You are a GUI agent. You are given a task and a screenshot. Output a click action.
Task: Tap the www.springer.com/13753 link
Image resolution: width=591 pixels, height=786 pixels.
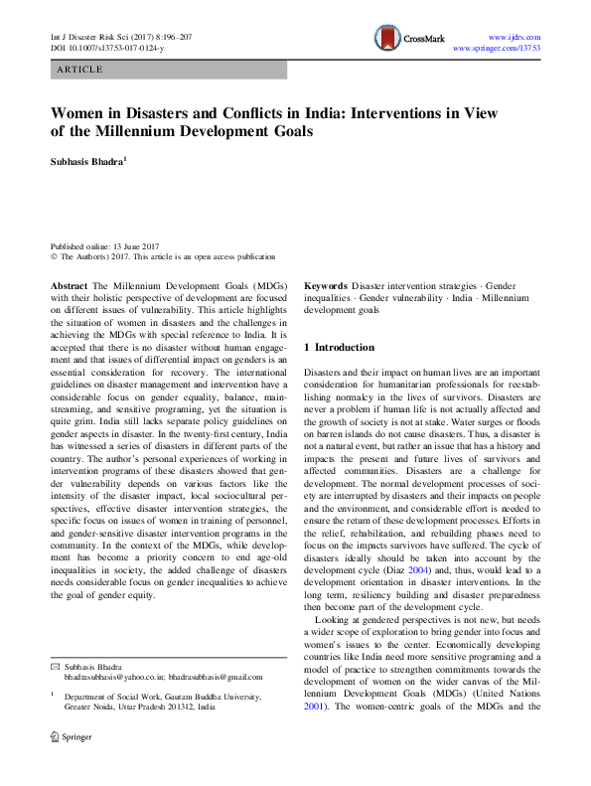point(496,48)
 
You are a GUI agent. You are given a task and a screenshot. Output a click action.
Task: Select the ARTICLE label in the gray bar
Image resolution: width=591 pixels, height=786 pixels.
point(79,70)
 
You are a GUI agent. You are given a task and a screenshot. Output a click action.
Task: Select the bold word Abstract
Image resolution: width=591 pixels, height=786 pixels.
point(71,285)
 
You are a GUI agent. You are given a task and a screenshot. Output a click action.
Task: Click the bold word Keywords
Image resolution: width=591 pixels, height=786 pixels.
point(326,285)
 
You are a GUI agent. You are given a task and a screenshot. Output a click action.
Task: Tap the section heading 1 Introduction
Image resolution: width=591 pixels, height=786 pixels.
point(339,348)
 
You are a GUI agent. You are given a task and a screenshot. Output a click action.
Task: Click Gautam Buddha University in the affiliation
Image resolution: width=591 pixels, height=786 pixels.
point(204,700)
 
